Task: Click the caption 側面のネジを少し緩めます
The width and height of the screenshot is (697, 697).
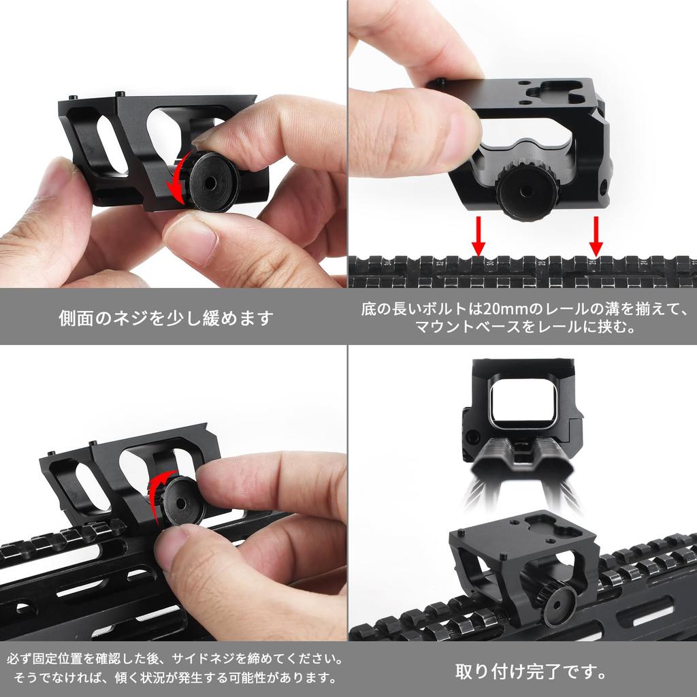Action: pyautogui.click(x=166, y=317)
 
